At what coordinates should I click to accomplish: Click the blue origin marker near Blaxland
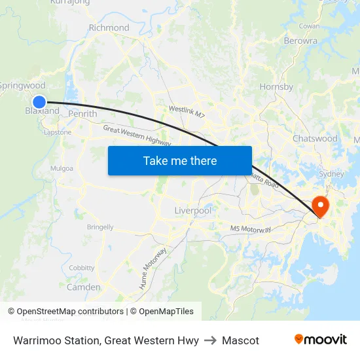pos(39,101)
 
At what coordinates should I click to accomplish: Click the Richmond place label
pos(109,27)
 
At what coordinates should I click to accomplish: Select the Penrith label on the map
pos(82,114)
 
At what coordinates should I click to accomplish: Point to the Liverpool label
pos(193,211)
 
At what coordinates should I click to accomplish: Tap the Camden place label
pos(84,287)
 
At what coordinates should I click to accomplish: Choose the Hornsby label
pos(276,86)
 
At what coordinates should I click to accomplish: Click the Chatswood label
pos(315,139)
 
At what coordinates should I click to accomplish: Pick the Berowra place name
pos(300,41)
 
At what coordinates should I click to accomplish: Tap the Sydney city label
pos(331,174)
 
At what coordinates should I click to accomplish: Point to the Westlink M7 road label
pos(187,112)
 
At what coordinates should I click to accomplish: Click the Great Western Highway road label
pos(137,136)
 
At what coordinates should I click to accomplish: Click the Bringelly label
pos(100,227)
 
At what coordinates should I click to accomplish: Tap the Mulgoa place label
pos(62,168)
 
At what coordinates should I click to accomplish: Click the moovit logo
pos(320,340)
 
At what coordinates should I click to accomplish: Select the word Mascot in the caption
pos(240,340)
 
